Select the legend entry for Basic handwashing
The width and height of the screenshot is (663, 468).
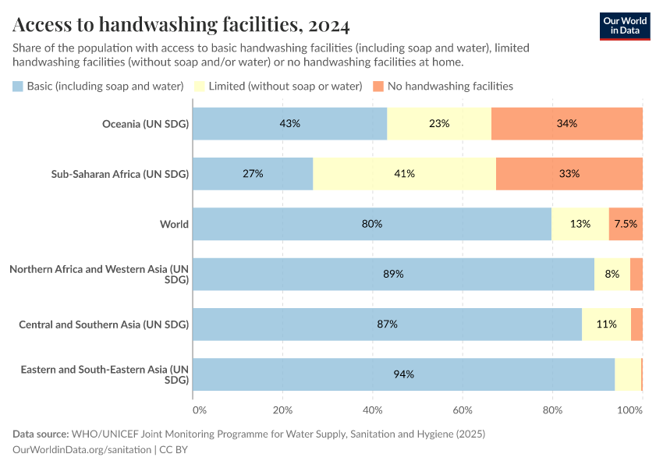[98, 86]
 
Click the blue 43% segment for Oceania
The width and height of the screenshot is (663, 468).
[289, 123]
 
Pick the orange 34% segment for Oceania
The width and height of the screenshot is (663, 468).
[567, 123]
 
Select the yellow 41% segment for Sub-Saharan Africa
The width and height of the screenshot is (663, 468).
[404, 173]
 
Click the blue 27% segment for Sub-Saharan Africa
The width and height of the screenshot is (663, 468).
[253, 173]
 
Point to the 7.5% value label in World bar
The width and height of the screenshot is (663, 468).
[626, 224]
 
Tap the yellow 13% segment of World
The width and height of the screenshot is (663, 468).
[580, 224]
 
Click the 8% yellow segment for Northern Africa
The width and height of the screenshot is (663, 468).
[612, 274]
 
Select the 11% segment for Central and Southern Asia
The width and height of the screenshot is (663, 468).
[607, 324]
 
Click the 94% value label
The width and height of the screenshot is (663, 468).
[403, 374]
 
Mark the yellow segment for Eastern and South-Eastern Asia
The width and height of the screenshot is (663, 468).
[628, 374]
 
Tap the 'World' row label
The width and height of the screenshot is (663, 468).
[174, 224]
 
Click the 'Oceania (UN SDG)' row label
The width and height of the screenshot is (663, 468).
[146, 123]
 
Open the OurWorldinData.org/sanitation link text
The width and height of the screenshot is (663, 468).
[83, 449]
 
